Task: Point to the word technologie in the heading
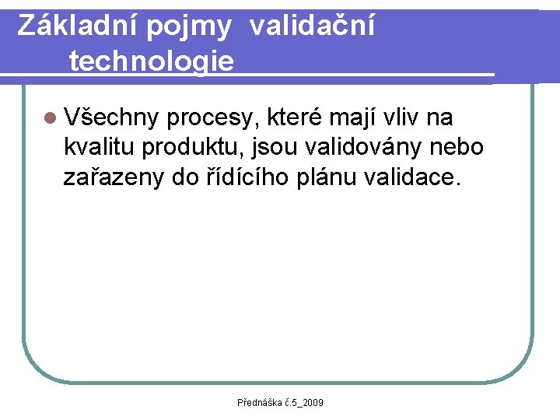pyautogui.click(x=151, y=61)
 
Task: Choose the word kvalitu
pyautogui.click(x=100, y=147)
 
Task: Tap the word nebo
pyautogui.click(x=459, y=147)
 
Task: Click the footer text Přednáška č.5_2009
pyautogui.click(x=280, y=402)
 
